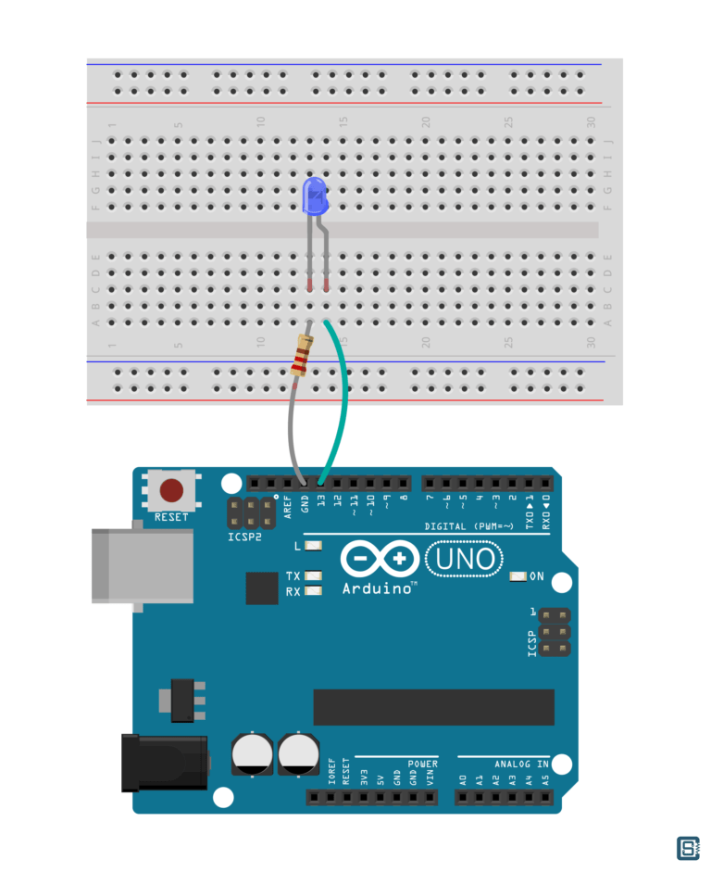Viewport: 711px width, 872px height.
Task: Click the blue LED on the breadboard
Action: pos(315,196)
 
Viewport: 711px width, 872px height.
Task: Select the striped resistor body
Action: pos(301,357)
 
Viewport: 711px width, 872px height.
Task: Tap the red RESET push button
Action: pos(171,490)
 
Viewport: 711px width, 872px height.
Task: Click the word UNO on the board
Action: pos(465,560)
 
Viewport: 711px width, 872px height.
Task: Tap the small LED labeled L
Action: pos(313,546)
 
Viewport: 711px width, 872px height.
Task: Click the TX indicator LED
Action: pos(313,576)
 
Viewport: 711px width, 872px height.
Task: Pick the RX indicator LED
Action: pos(313,591)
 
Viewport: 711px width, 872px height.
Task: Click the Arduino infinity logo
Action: pos(379,559)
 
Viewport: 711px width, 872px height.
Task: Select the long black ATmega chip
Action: pos(433,706)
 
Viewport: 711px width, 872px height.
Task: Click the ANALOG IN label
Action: pos(520,764)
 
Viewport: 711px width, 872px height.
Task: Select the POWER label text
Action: pos(422,764)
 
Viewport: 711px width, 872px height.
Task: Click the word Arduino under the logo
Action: pos(377,588)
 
